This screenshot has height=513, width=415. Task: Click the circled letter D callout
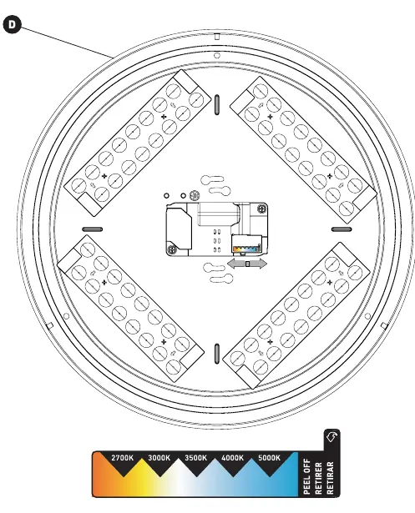13,24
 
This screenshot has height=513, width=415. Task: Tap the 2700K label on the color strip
123,458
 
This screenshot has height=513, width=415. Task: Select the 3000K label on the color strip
159,458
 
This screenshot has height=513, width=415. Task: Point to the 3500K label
196,458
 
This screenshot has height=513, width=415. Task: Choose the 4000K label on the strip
233,458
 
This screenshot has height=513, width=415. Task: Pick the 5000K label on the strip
269,458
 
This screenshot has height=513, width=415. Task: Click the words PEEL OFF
307,476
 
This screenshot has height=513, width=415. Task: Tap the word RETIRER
318,478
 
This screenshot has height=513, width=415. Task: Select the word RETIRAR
330,478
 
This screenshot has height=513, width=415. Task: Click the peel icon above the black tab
331,436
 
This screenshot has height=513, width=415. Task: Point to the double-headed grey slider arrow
247,264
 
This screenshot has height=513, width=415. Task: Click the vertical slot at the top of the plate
217,105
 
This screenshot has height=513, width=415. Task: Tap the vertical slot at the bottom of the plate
217,354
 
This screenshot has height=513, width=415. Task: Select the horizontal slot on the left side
93,229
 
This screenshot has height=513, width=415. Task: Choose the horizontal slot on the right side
342,229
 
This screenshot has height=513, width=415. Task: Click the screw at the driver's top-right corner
261,209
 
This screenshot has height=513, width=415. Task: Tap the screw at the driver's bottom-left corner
172,250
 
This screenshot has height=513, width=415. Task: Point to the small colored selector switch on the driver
246,244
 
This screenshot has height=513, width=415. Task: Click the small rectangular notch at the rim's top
217,37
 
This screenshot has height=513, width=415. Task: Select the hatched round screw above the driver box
195,195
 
